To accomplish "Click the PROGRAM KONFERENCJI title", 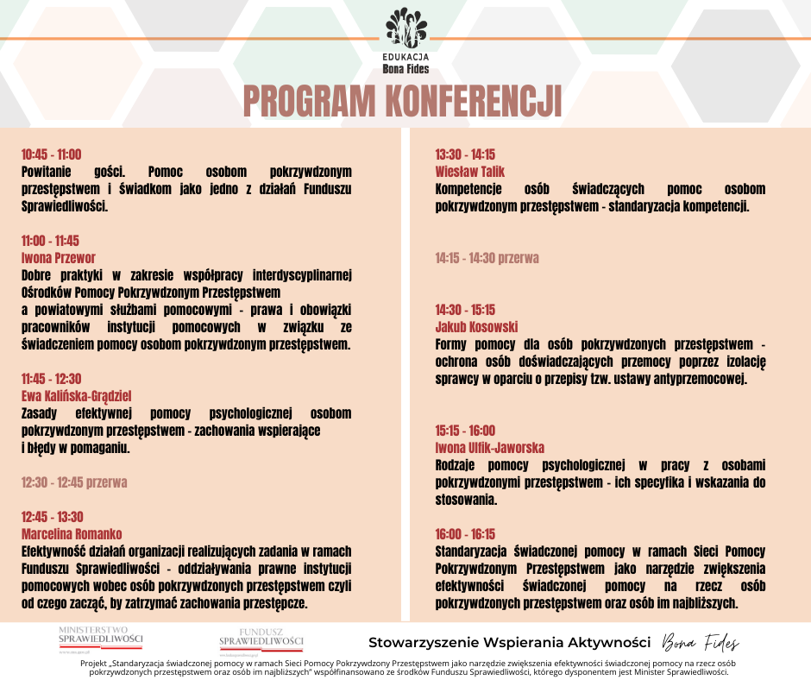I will point(403,102).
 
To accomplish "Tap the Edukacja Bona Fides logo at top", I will point(405,39).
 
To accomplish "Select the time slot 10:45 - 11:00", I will point(51,154).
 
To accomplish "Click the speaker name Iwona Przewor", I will point(58,258).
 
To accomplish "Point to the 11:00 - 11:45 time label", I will point(50,241).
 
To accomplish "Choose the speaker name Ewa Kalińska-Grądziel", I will point(76,396).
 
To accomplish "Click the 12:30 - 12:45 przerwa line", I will point(74,482).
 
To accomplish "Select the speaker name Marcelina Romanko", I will point(72,534).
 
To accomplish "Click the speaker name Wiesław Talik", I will point(470,172).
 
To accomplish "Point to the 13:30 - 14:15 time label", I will point(465,154).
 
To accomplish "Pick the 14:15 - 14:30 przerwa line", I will point(487,258).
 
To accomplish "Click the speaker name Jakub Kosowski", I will point(476,327).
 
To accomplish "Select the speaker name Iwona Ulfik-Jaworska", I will point(490,448).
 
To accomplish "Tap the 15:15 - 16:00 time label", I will point(465,431).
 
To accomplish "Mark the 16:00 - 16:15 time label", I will point(465,534).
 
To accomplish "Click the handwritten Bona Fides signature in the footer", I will point(701,642).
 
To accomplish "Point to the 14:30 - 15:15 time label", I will point(465,310).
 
